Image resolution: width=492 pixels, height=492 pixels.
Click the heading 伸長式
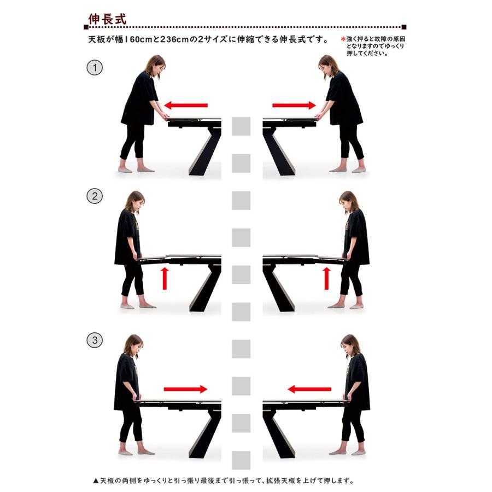107,19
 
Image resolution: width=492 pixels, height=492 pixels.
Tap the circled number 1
95,67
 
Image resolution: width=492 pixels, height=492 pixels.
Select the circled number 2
95,196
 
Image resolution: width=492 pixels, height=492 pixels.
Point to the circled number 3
95,340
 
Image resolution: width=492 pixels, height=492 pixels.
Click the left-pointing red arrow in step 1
186,106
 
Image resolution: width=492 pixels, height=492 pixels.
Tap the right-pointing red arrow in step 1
294,106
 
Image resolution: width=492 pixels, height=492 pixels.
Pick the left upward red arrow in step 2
165,278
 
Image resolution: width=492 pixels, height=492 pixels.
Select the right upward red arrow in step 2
327,278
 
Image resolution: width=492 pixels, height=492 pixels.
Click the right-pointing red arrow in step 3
185,389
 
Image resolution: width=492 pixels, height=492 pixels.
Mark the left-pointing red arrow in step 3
309,389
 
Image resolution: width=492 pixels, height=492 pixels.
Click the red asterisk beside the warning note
343,39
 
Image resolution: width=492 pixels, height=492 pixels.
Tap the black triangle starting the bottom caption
96,481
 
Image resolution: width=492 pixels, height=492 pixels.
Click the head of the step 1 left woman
155,65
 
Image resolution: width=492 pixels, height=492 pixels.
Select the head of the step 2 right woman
349,201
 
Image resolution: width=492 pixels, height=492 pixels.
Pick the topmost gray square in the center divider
241,126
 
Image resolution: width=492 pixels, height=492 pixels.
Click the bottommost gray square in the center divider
241,460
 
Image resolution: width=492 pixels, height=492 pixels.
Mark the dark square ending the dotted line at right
404,27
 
